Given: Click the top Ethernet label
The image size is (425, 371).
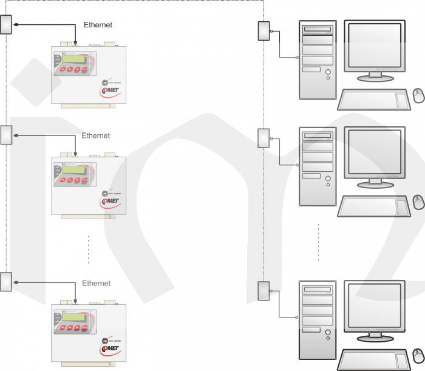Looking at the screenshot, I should coord(98,25).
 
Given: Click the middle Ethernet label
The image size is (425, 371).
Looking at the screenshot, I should coord(96,135).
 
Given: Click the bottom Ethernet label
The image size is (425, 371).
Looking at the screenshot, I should coord(97,284).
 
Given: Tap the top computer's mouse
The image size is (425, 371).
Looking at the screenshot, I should coord(418,95).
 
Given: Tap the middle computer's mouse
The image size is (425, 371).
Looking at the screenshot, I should coord(418,202).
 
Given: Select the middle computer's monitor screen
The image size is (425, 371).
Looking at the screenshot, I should coord(373,152).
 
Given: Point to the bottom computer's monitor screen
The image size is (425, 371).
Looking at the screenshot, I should coord(373,307).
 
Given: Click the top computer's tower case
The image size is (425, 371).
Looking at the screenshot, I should coord(318,60).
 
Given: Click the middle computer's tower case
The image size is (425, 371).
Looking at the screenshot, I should coord(318,166).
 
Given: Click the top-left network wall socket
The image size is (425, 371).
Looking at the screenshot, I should coord(7,25).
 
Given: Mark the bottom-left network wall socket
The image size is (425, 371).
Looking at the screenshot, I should coord(6,282).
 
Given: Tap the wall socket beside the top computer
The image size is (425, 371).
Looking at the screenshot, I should coord(263,31).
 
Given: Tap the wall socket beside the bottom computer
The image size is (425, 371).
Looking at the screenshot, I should coord(263,291).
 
